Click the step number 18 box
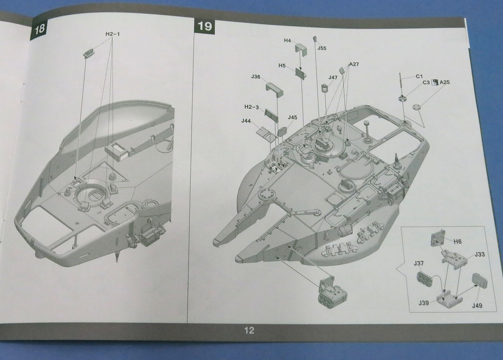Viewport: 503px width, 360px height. pyautogui.click(x=40, y=29)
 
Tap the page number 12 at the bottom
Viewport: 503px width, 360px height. pyautogui.click(x=249, y=331)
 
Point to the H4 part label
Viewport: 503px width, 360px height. pyautogui.click(x=287, y=41)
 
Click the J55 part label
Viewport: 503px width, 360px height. pyautogui.click(x=322, y=48)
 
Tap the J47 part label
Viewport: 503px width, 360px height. pyautogui.click(x=333, y=78)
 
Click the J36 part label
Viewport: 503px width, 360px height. pyautogui.click(x=256, y=77)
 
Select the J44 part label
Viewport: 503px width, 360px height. pyautogui.click(x=246, y=121)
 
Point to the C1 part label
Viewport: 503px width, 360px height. pyautogui.click(x=419, y=76)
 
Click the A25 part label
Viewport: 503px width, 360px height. pyautogui.click(x=445, y=82)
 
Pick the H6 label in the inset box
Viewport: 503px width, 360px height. pyautogui.click(x=458, y=241)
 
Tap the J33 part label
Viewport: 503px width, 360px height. pyautogui.click(x=480, y=254)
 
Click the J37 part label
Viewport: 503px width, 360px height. pyautogui.click(x=418, y=263)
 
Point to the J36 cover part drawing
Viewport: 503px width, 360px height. pyautogui.click(x=275, y=88)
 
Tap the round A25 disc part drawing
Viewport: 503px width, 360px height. pyautogui.click(x=416, y=107)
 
